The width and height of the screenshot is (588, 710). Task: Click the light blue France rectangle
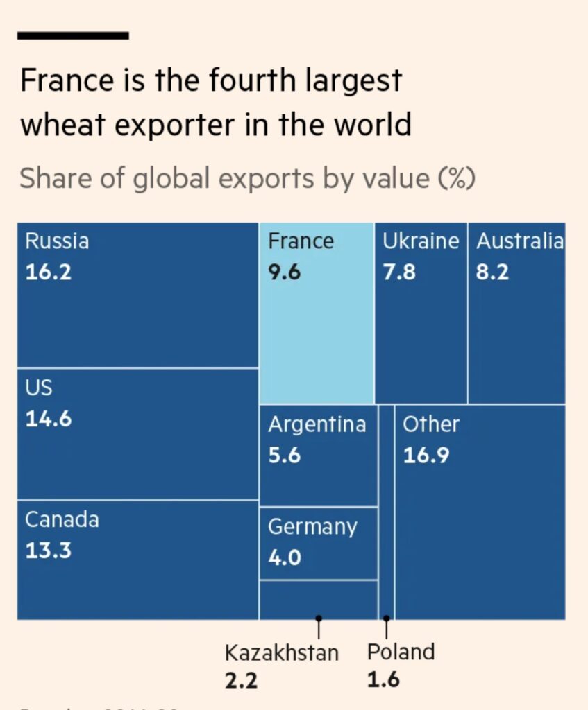[x=317, y=333]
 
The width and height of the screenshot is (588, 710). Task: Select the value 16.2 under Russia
[x=48, y=272]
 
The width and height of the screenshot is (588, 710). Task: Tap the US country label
[x=39, y=387]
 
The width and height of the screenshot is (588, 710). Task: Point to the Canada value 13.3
[x=48, y=551]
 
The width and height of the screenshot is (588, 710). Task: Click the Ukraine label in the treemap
[x=421, y=241]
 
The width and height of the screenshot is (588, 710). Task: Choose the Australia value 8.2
[x=492, y=272]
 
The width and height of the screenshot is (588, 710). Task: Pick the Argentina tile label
[x=317, y=424]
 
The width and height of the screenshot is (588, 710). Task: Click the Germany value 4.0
[x=285, y=557]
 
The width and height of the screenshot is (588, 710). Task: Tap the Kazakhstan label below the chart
[x=281, y=652]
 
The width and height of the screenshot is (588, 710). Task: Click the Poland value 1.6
[x=383, y=679]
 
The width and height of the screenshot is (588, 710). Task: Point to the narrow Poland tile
[x=387, y=513]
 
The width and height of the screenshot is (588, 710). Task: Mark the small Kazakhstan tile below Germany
[x=319, y=600]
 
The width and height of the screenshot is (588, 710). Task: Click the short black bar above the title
[x=73, y=35]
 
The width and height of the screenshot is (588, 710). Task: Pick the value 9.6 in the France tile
[x=284, y=272]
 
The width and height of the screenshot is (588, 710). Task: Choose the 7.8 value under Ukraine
[x=399, y=272]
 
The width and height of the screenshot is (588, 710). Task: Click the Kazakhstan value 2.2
[x=241, y=680]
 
